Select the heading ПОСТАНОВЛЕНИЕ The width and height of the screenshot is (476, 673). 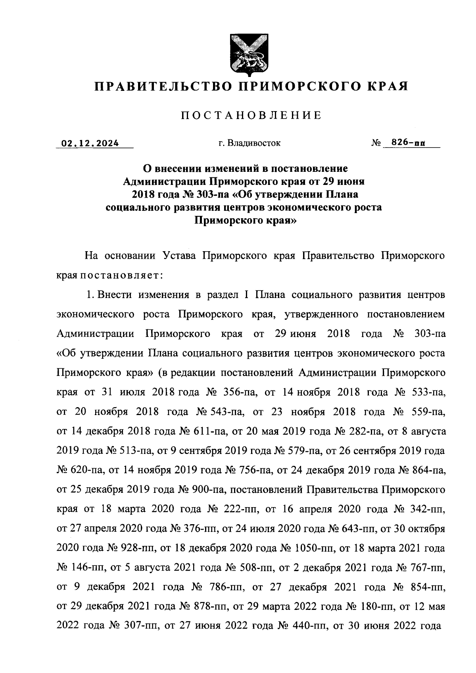(251, 115)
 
